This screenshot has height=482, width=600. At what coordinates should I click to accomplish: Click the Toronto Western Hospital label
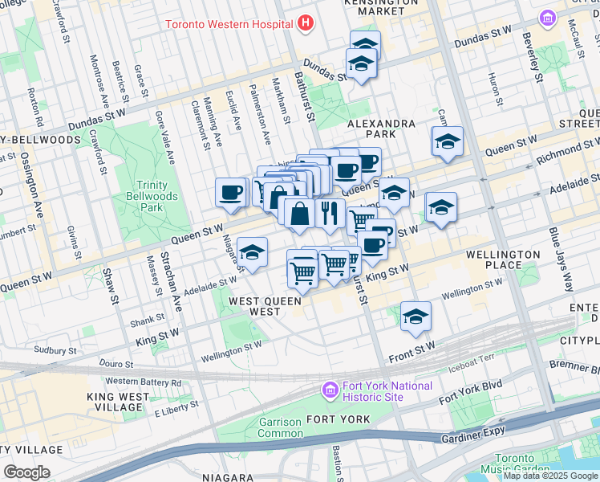pyautogui.click(x=228, y=24)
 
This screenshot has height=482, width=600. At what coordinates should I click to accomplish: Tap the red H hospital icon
pyautogui.click(x=305, y=23)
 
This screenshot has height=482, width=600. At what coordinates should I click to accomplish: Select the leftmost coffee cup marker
pyautogui.click(x=231, y=193)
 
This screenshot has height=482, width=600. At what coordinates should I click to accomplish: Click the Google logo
pyautogui.click(x=26, y=472)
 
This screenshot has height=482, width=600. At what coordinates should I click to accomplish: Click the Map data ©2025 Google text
pyautogui.click(x=550, y=476)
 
